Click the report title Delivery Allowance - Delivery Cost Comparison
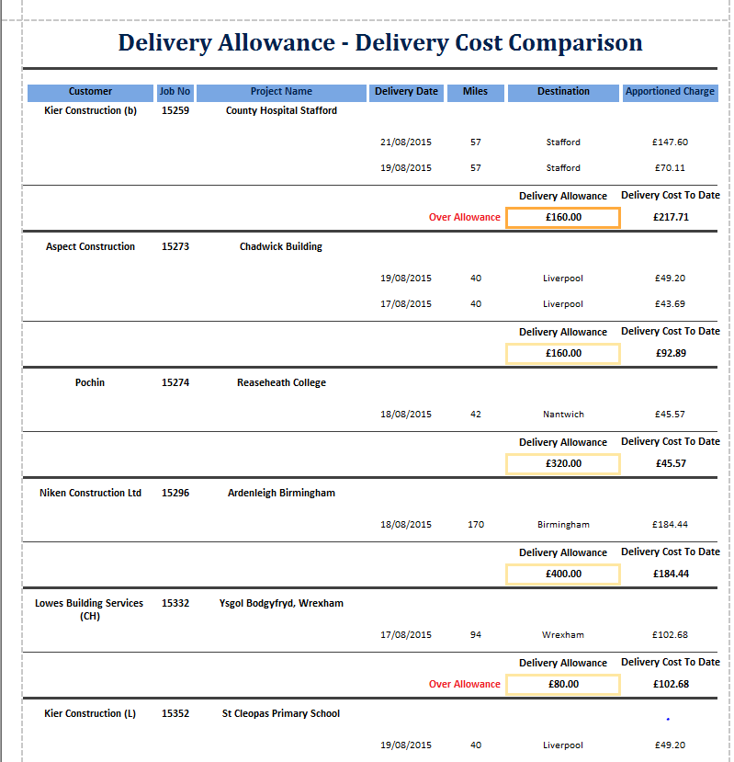click(x=380, y=42)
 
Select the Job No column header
click(x=175, y=92)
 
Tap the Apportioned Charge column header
click(x=670, y=92)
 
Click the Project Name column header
click(x=281, y=92)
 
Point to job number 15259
click(x=175, y=110)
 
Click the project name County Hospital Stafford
click(x=281, y=110)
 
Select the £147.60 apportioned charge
click(x=671, y=142)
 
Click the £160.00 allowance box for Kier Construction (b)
click(x=563, y=218)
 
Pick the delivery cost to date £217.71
click(x=672, y=218)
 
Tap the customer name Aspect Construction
click(x=90, y=246)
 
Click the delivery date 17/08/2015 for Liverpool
click(x=405, y=304)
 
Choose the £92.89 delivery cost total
click(x=672, y=353)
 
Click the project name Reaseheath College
click(x=281, y=382)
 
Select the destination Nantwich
click(x=563, y=415)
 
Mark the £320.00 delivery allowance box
click(x=563, y=464)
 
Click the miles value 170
click(x=475, y=525)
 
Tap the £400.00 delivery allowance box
click(x=563, y=574)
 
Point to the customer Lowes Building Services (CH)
click(x=89, y=609)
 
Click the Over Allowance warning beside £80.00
click(x=465, y=684)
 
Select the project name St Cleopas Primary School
click(x=281, y=713)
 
